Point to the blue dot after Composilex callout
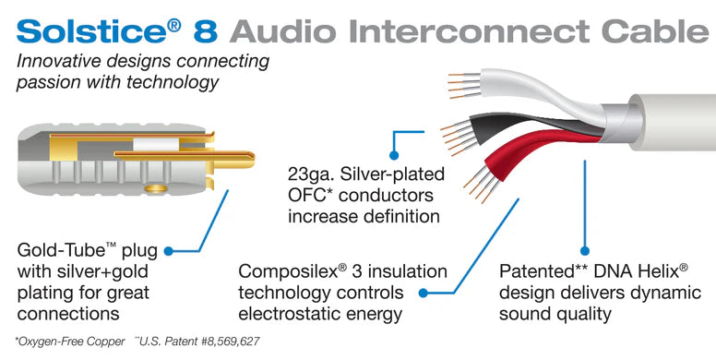tap(424, 293)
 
